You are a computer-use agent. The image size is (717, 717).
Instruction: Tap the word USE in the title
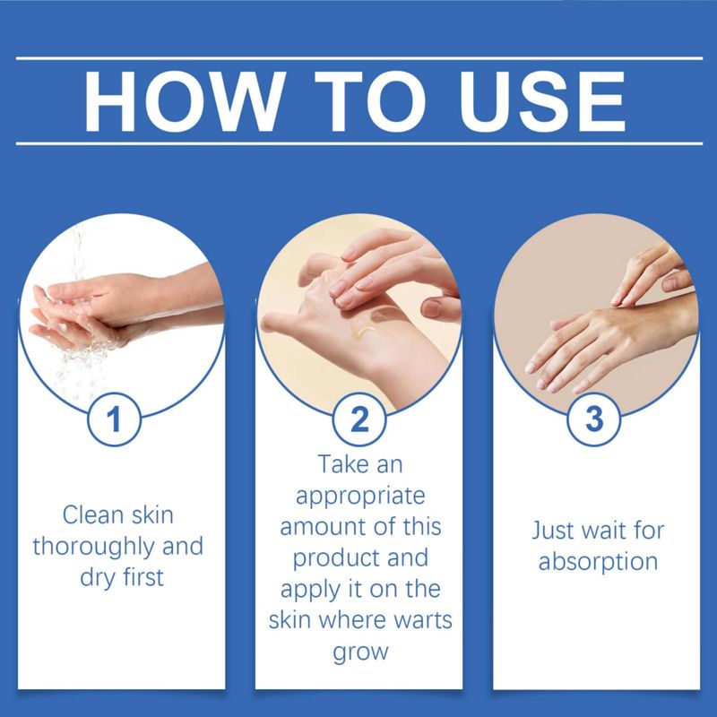(542, 101)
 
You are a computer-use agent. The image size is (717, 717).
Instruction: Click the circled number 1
(114, 419)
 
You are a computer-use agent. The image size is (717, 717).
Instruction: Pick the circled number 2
(359, 419)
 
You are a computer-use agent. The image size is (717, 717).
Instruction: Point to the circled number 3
(593, 419)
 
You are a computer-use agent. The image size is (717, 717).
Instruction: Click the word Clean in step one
(93, 514)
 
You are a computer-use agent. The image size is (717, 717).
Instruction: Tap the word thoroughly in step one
(93, 548)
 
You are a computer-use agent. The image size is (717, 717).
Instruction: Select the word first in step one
(143, 577)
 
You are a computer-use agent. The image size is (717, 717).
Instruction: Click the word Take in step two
(343, 464)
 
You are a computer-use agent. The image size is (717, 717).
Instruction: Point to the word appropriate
(360, 497)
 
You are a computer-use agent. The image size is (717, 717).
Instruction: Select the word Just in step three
(551, 531)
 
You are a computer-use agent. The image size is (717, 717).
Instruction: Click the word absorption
(598, 563)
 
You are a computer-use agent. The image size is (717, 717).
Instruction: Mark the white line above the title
(359, 58)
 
